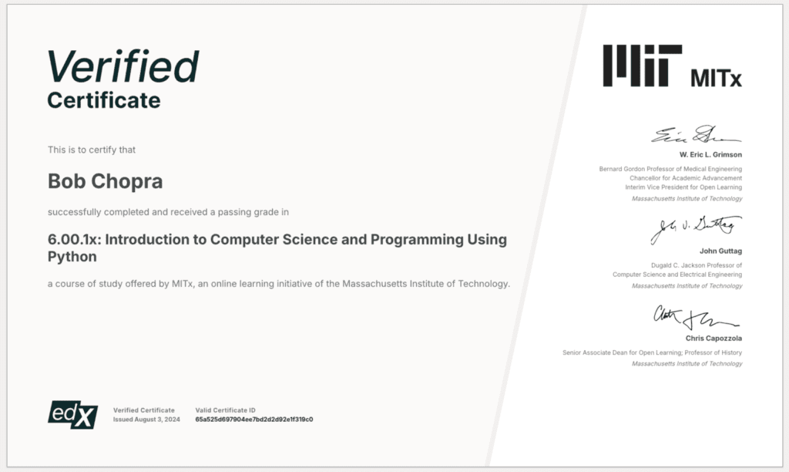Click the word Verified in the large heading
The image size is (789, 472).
(123, 66)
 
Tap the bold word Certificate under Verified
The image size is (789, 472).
(104, 100)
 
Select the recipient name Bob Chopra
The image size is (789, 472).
(105, 181)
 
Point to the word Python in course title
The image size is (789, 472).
(72, 257)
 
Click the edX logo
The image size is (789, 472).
(73, 415)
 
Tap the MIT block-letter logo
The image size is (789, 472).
(643, 66)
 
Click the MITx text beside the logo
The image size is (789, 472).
(716, 78)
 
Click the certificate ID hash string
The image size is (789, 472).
(254, 420)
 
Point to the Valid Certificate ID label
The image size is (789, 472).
(226, 410)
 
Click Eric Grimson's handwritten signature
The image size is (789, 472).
(697, 134)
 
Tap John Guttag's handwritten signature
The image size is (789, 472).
(696, 229)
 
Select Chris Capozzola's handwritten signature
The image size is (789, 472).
(696, 318)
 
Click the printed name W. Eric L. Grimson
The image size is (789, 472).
(710, 155)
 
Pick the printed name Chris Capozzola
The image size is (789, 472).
(713, 339)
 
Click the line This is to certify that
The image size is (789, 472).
(92, 150)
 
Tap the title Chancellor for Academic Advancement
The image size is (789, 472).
(686, 178)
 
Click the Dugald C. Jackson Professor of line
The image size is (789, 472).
(697, 265)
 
